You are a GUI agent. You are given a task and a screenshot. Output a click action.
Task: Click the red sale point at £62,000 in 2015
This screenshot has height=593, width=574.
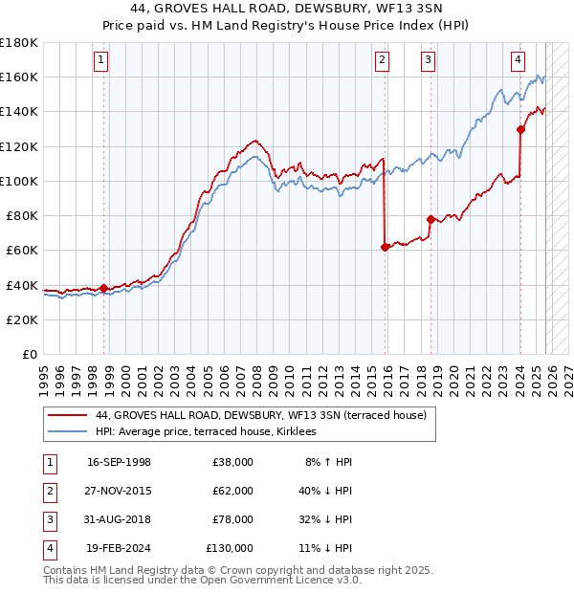(385, 247)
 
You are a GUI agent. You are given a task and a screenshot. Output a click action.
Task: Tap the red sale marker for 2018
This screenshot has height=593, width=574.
(430, 219)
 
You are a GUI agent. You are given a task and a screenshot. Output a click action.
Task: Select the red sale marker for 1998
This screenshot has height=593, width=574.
(103, 288)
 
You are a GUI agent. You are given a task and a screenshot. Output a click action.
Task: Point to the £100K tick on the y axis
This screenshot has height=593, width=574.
(19, 181)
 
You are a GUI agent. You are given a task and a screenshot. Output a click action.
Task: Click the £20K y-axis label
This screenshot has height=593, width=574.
(22, 319)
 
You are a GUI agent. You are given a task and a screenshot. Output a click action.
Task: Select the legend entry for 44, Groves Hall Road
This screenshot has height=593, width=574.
(266, 415)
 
